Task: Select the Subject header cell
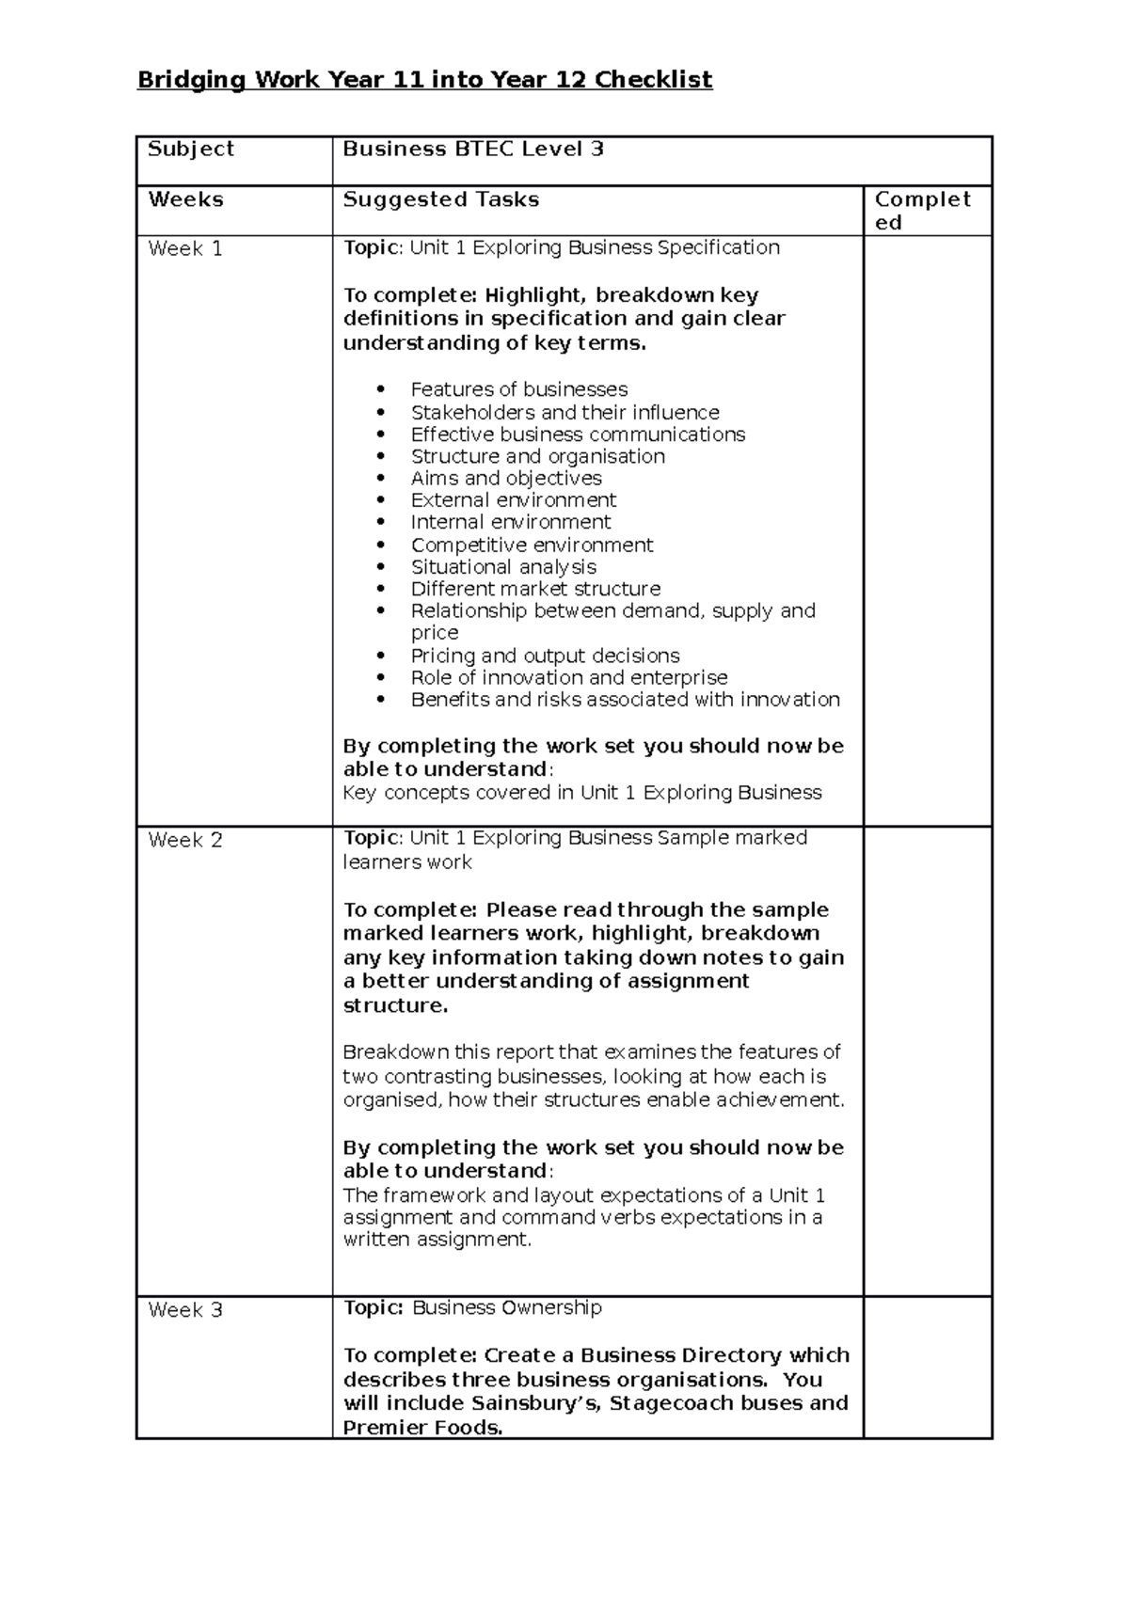(191, 149)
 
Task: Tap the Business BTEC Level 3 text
(472, 149)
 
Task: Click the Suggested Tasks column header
(440, 199)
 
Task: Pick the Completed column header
(921, 210)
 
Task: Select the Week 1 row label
(185, 249)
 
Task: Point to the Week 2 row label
(185, 840)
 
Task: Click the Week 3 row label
(185, 1310)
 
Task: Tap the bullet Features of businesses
(518, 389)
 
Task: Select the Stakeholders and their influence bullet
(564, 412)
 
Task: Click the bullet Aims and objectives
(505, 478)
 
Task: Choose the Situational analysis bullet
(503, 567)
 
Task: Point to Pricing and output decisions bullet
(545, 656)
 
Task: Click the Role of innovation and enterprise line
(568, 677)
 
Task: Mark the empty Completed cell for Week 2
(927, 1061)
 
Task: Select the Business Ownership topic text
(507, 1307)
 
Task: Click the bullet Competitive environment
(532, 546)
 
